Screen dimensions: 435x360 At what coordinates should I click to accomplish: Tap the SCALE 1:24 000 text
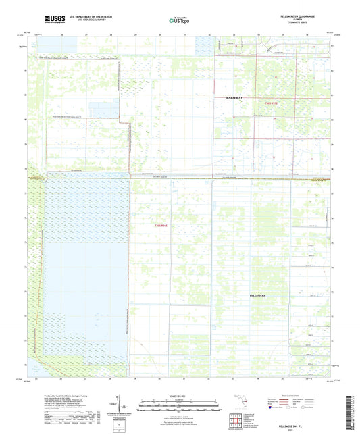point(180,394)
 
